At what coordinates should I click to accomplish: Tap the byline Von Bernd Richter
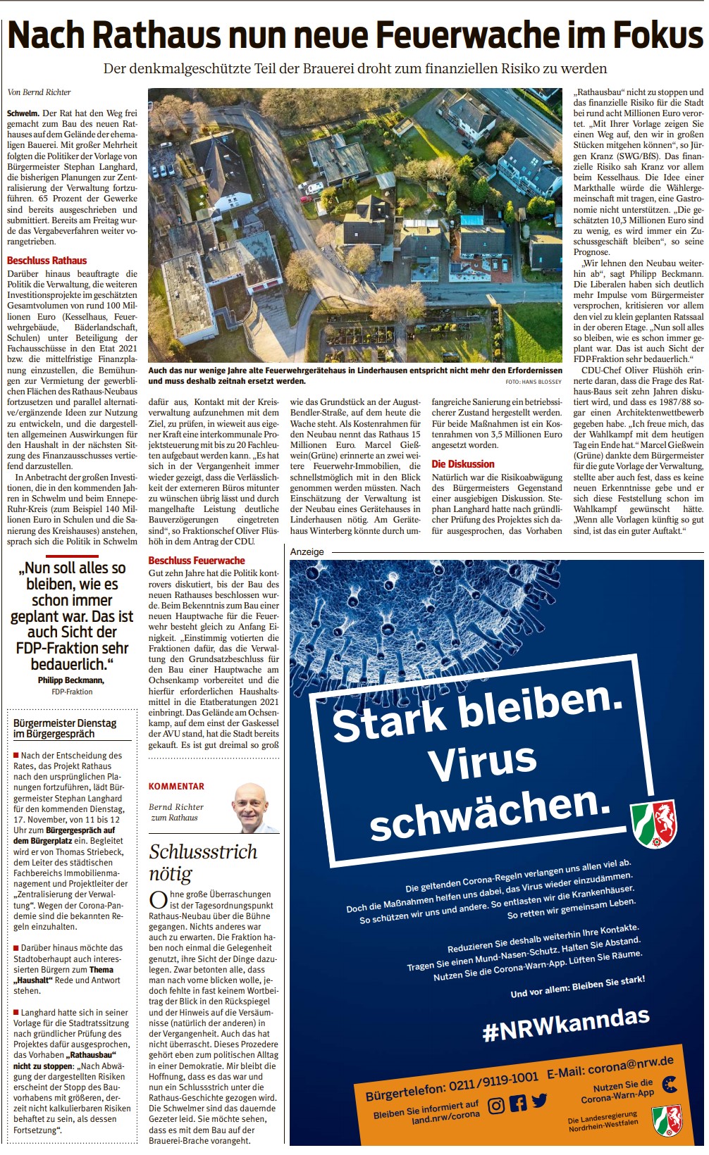39,92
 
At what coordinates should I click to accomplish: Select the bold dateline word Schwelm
23,113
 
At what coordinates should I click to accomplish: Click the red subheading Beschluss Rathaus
47,261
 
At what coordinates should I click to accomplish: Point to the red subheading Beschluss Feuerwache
197,561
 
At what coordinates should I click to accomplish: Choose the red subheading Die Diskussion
463,464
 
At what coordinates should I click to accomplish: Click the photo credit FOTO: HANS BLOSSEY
534,382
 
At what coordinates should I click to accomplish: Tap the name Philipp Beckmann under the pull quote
71,680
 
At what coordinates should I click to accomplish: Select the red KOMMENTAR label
176,786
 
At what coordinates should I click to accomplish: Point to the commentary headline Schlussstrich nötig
202,862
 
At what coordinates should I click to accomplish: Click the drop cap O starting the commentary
158,899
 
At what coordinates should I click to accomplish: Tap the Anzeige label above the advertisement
307,551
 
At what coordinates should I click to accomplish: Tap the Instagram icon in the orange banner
496,1105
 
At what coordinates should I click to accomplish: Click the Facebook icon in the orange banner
518,1102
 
